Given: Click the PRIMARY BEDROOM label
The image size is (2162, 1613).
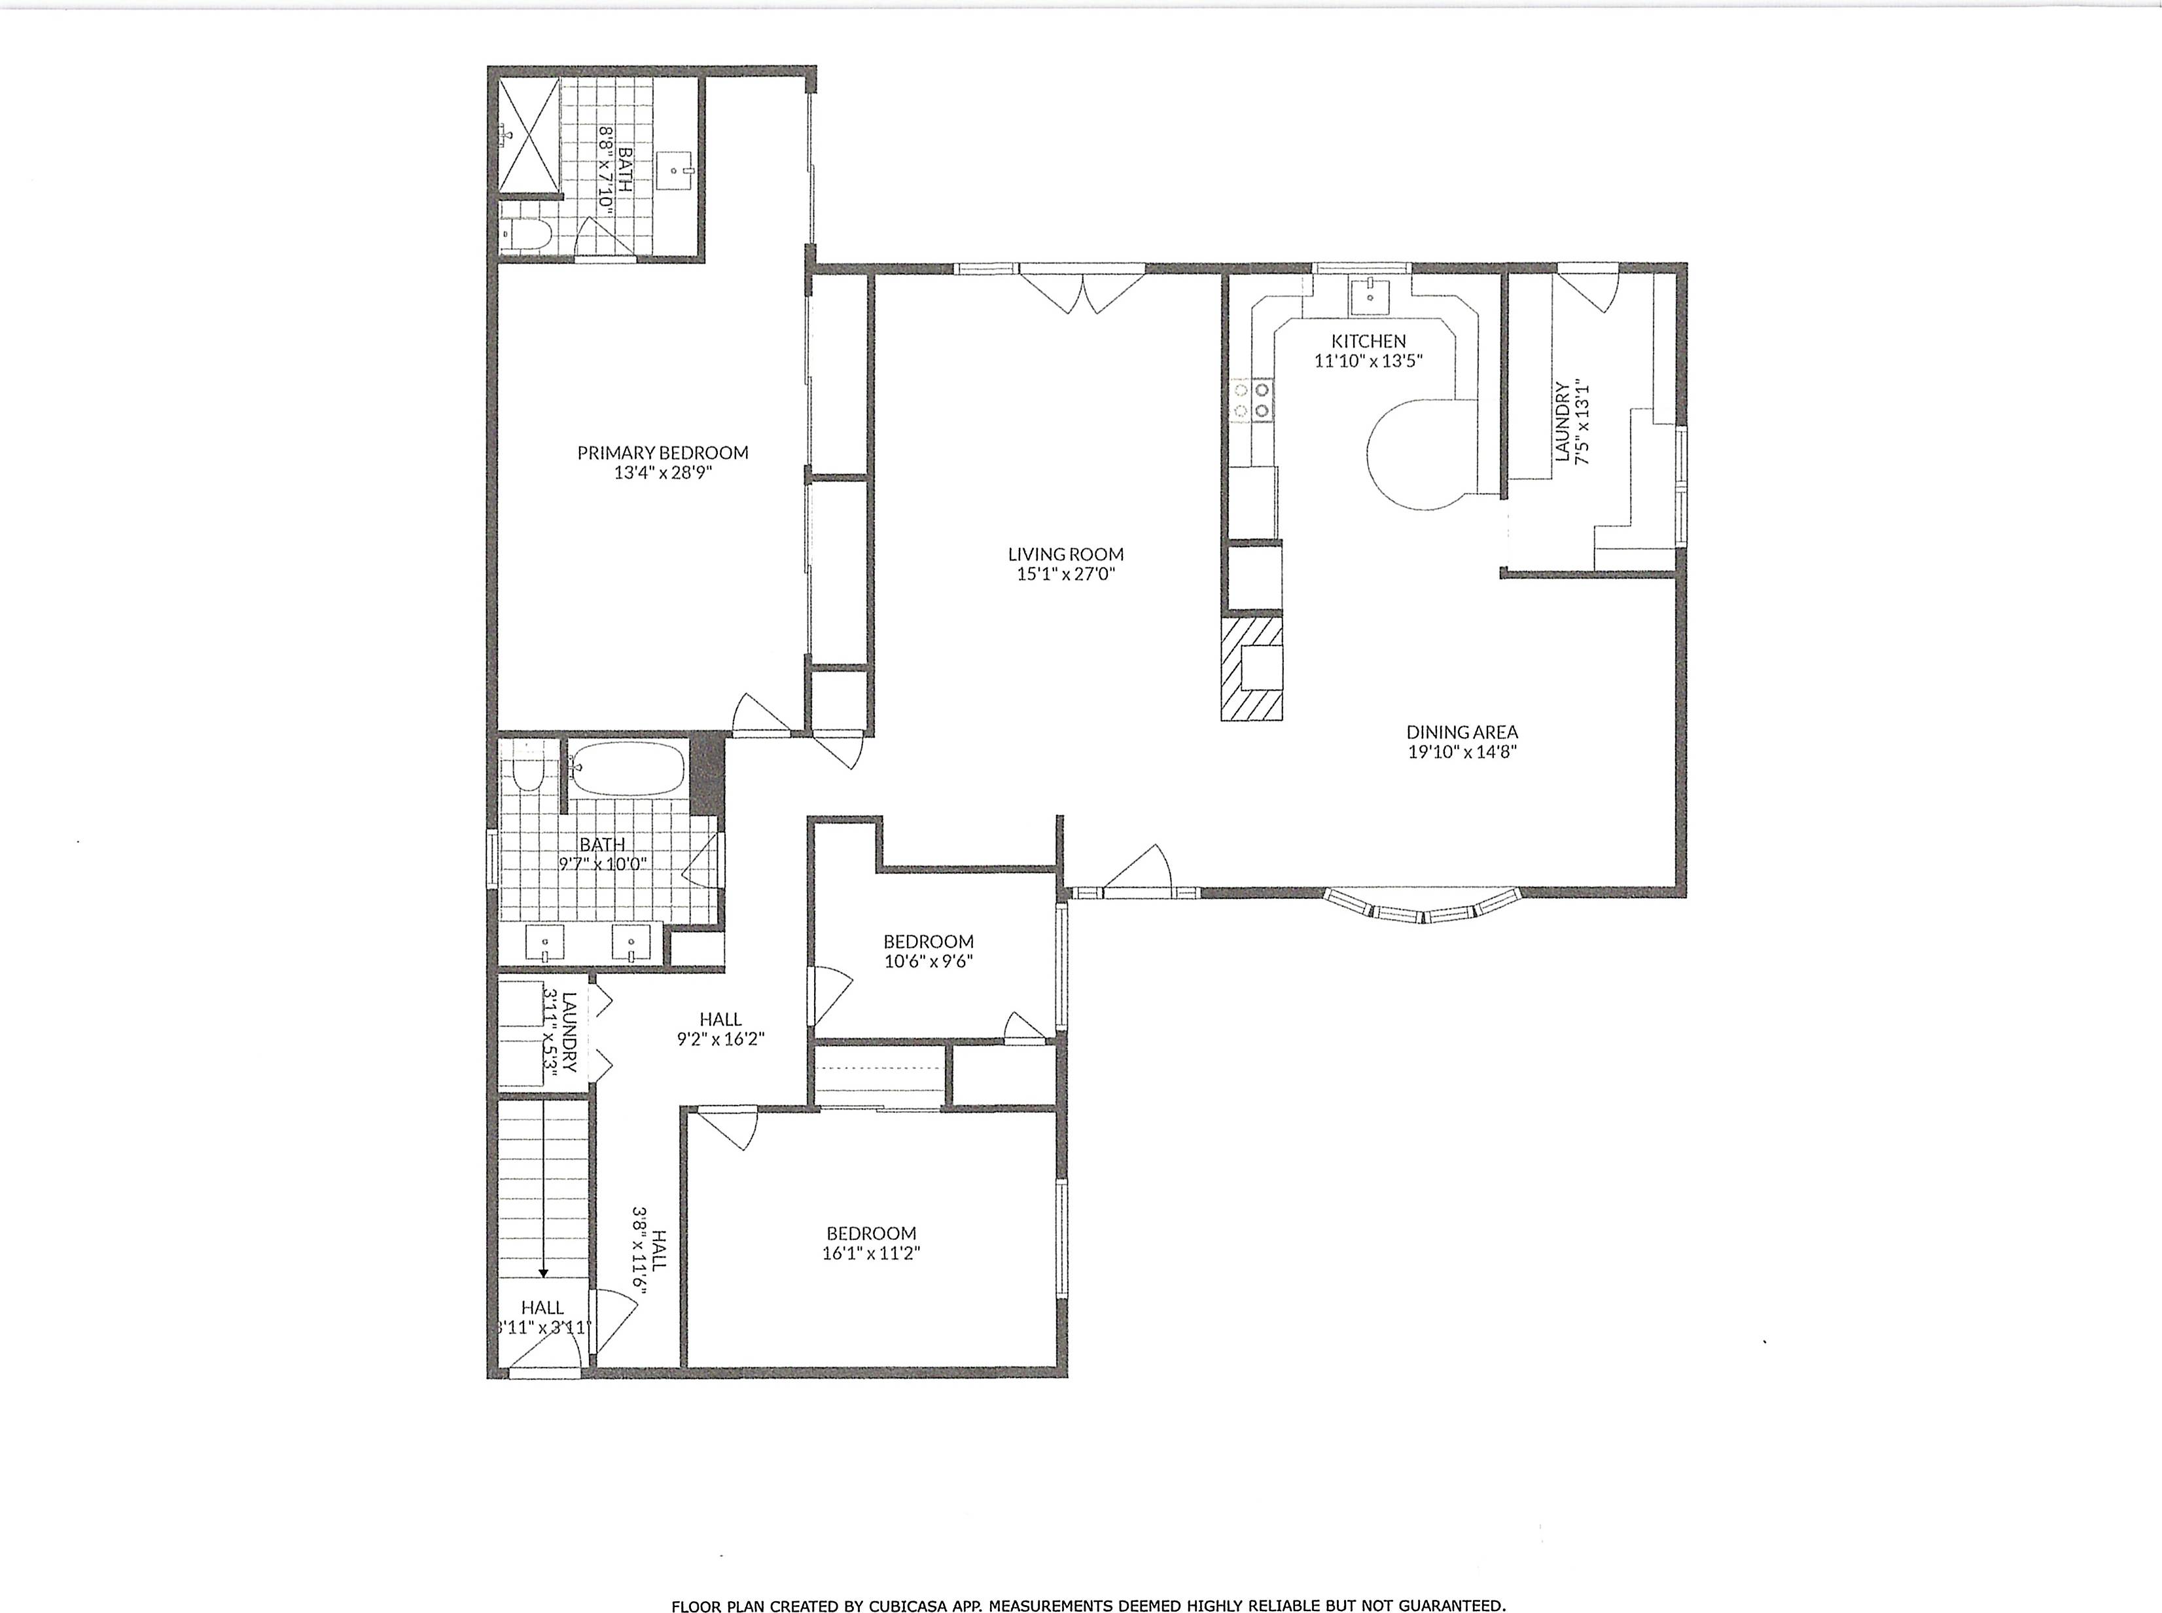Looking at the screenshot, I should coord(663,452).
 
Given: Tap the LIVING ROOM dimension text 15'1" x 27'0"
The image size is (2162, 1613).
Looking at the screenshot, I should coord(1066,574).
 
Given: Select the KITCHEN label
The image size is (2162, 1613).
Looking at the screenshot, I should coord(1368,341).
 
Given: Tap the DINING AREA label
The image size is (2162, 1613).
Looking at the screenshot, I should coord(1461,731).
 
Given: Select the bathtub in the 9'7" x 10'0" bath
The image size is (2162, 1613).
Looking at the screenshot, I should coord(627,769).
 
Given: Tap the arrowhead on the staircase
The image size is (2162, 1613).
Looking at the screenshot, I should coord(542,1272).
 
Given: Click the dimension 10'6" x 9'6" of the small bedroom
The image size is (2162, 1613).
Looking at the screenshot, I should coord(929,961).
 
